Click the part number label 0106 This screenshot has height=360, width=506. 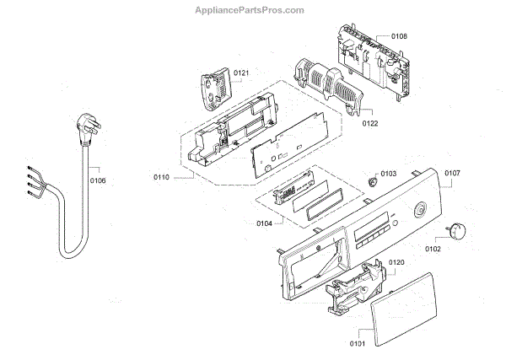(x=98, y=180)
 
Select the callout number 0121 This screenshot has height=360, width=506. (x=241, y=73)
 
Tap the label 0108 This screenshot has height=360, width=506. (x=399, y=36)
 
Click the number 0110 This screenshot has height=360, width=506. (x=162, y=176)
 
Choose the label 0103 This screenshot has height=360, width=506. (x=388, y=173)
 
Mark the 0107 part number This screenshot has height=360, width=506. (x=452, y=174)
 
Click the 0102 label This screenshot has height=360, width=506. (x=432, y=249)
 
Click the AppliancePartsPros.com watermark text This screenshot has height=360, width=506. (x=252, y=10)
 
